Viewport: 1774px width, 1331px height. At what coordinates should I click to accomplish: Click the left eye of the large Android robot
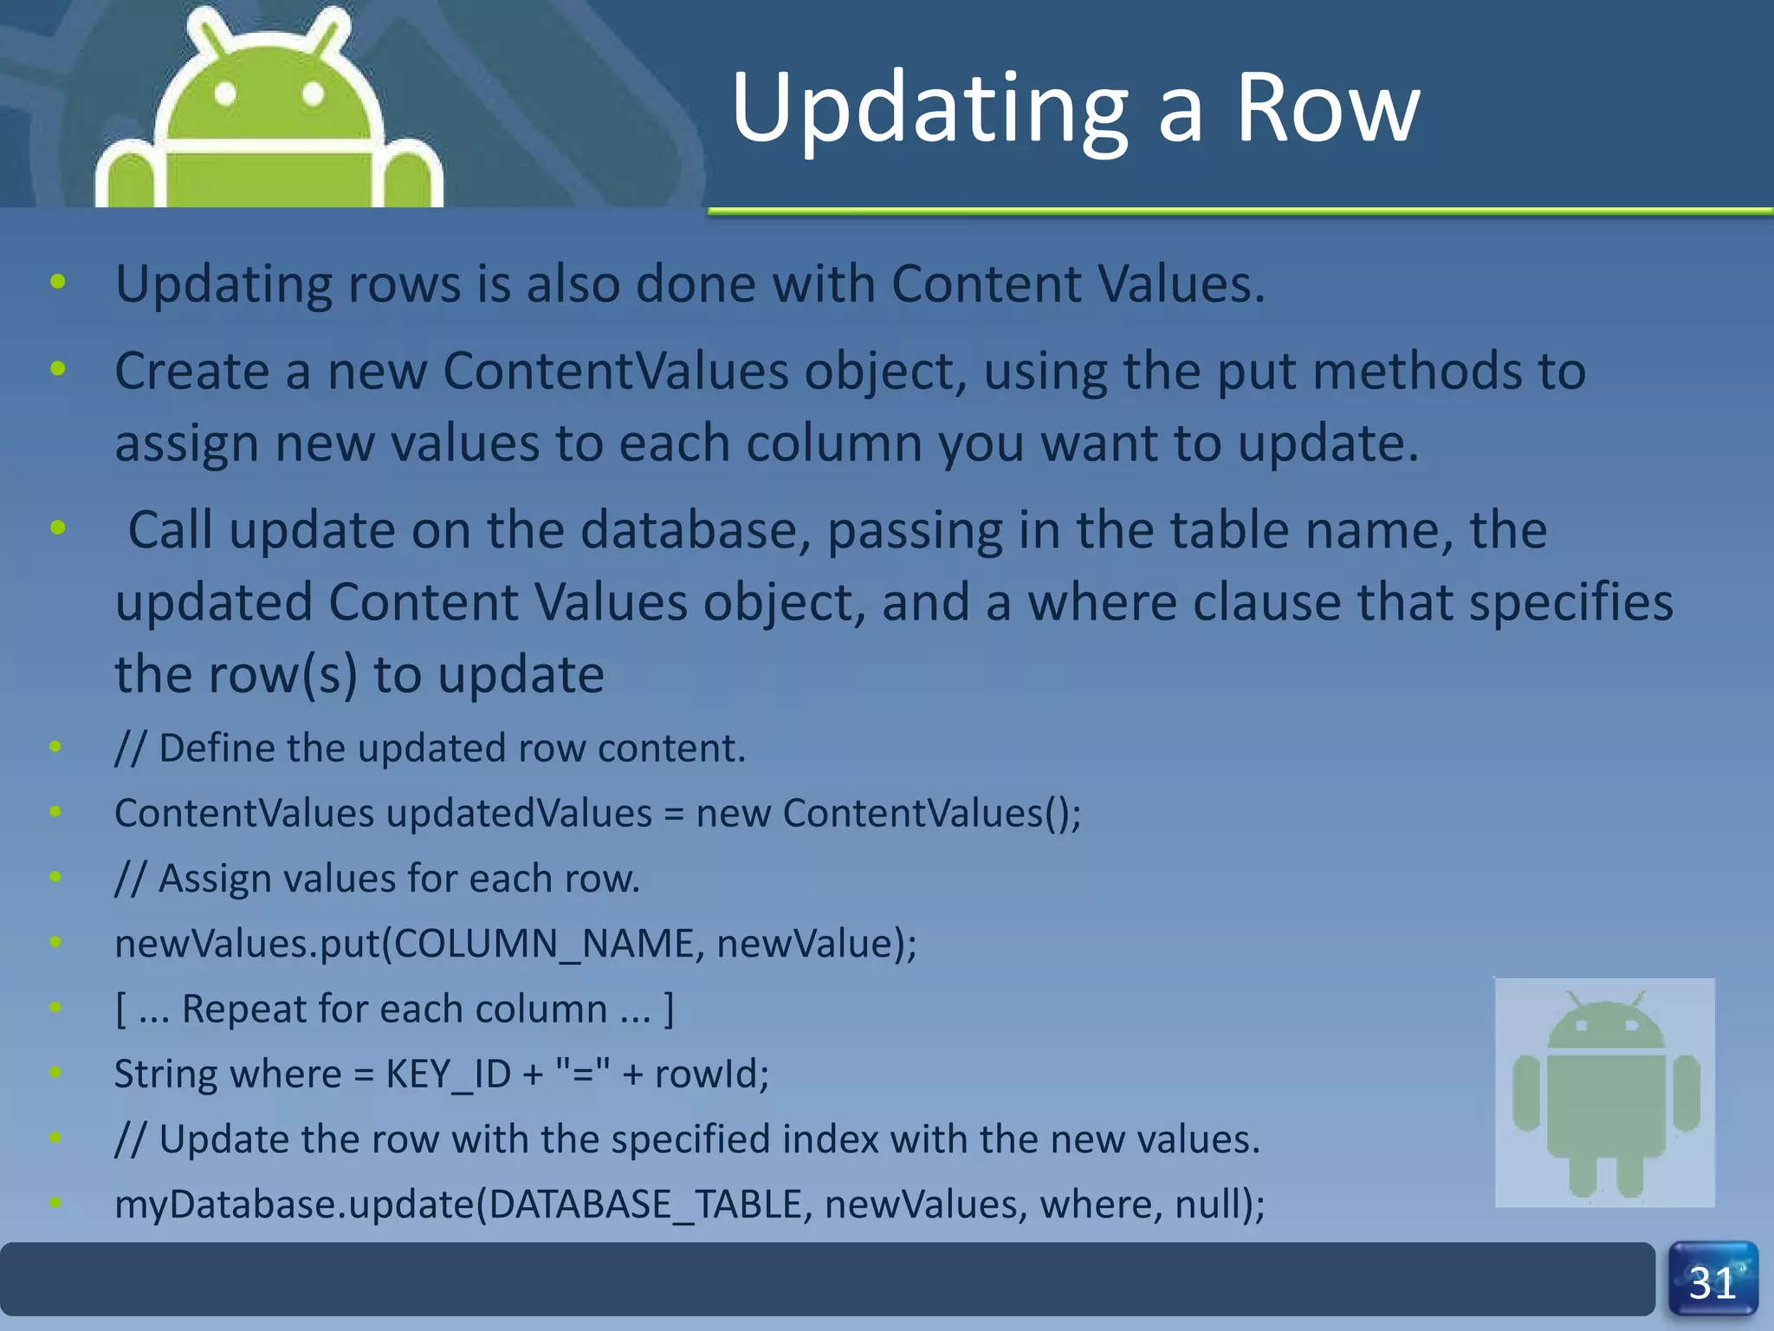225,93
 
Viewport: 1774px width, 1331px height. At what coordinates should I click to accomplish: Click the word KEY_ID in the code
448,1075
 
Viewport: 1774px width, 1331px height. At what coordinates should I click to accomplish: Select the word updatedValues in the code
519,814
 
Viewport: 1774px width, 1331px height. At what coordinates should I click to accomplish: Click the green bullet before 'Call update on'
58,527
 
